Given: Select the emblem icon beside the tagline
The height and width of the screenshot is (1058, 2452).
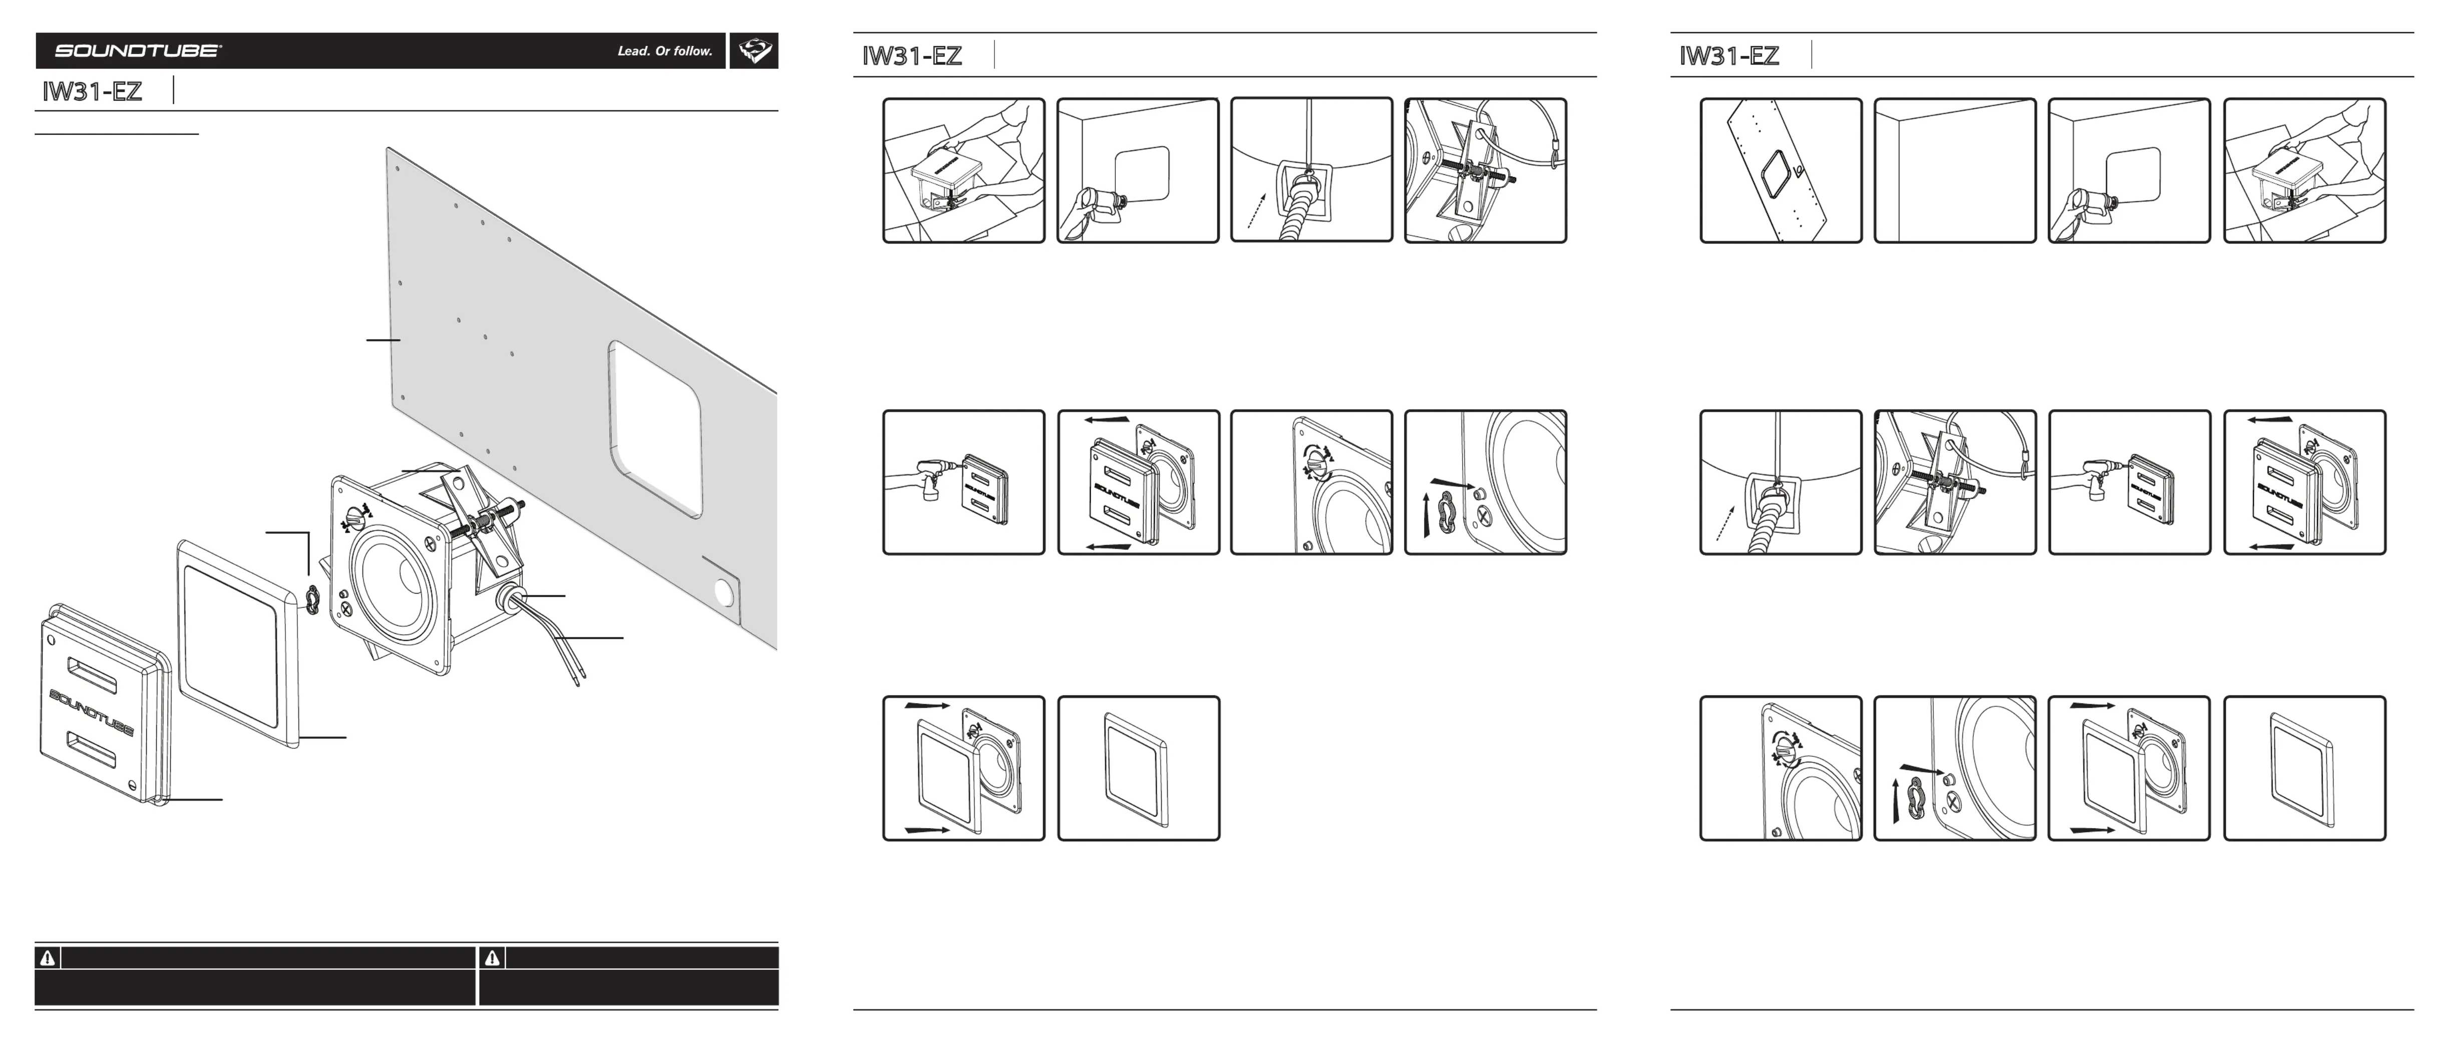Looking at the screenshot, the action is (754, 51).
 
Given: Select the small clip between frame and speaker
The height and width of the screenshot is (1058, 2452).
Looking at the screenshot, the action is (312, 597).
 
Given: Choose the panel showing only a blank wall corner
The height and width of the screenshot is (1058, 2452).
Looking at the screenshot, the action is (1954, 170).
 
